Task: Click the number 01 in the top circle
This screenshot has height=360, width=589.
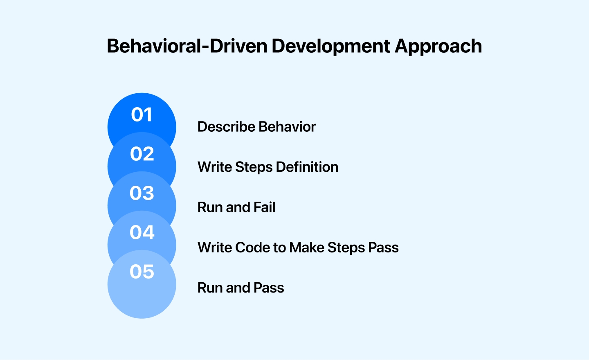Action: click(142, 115)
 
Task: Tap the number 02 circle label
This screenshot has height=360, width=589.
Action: click(142, 154)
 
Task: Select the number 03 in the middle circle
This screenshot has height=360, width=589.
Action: click(142, 193)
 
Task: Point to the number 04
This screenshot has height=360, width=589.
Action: click(142, 232)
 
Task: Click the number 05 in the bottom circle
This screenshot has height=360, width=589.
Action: click(142, 272)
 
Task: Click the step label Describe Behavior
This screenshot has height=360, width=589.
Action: click(256, 127)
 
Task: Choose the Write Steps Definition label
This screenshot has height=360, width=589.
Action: click(268, 167)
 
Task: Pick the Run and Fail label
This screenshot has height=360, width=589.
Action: click(236, 207)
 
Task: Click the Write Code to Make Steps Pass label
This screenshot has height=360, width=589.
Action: click(298, 248)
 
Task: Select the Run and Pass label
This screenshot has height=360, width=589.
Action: click(241, 288)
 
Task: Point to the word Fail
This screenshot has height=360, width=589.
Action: click(264, 207)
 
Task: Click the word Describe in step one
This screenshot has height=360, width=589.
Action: click(227, 127)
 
